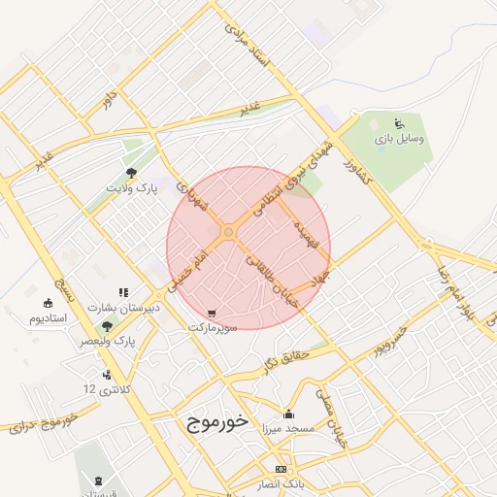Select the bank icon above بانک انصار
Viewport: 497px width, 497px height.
click(281, 469)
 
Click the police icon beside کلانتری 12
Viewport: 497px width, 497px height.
click(106, 375)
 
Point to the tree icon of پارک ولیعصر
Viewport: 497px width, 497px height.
click(106, 327)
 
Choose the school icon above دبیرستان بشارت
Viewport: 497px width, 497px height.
click(123, 292)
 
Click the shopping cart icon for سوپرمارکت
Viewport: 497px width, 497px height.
click(212, 315)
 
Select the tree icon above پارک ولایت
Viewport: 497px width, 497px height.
click(131, 172)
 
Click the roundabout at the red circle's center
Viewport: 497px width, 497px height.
click(228, 232)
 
